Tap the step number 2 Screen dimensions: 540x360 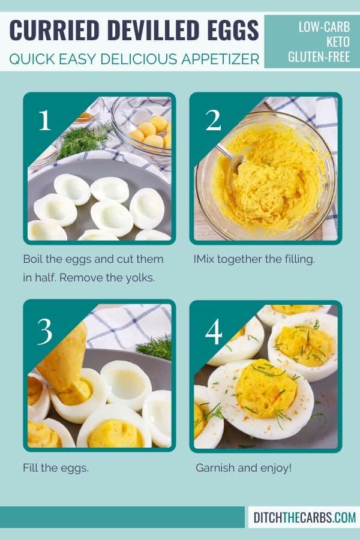point(212,121)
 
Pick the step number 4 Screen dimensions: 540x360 point(214,331)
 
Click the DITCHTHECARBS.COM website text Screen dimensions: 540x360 point(304,517)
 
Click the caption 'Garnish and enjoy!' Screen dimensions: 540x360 point(244,467)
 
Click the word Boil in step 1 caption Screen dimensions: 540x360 point(34,259)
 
